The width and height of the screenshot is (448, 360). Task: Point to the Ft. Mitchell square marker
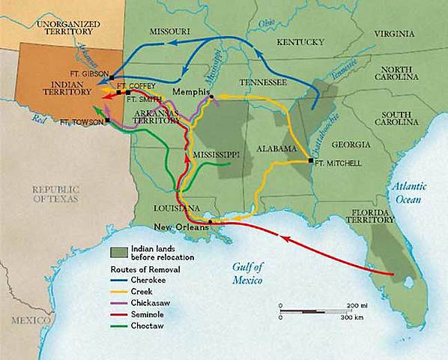(310, 160)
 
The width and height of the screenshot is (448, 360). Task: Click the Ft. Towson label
(82, 121)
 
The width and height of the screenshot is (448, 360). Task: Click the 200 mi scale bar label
(355, 306)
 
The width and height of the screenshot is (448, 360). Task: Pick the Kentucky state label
(298, 43)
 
